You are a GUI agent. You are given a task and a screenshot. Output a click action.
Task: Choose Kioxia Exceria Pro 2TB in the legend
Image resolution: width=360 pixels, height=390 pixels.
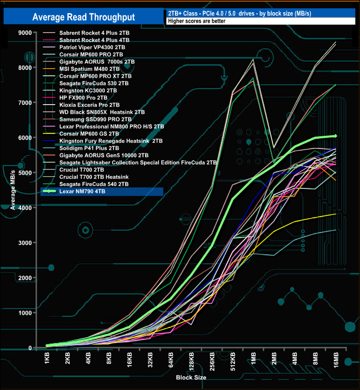[89, 105]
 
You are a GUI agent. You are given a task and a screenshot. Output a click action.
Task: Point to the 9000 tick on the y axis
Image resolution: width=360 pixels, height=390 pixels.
[25, 33]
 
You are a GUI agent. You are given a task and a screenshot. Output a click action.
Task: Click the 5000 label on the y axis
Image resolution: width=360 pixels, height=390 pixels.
[25, 173]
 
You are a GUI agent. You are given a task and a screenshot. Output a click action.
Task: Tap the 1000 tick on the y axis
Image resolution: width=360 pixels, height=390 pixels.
[25, 313]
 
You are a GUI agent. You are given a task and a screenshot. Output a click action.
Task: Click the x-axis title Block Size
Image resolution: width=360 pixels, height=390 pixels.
[192, 377]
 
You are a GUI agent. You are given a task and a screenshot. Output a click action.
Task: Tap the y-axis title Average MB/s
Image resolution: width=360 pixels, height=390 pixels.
[12, 190]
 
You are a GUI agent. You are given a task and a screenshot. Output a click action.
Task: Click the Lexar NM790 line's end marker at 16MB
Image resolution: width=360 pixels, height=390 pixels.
[336, 136]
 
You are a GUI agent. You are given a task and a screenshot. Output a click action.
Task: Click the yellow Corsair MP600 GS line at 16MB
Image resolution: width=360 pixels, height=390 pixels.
[336, 214]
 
